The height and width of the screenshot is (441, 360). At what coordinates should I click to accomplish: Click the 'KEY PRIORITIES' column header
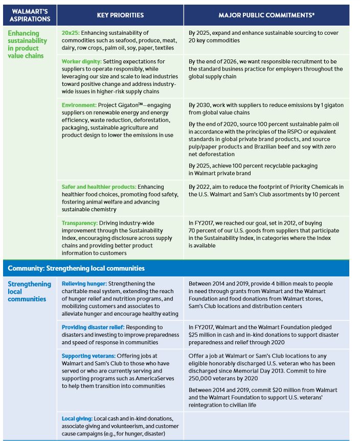pos(120,15)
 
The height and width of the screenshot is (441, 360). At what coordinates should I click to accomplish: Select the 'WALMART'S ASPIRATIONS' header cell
pos(30,15)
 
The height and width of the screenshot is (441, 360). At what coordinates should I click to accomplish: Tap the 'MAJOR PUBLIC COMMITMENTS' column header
pos(266,15)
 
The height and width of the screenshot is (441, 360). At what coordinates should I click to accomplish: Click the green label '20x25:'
pos(70,33)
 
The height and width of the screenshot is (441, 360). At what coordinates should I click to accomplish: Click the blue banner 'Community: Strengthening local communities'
pos(76,268)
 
